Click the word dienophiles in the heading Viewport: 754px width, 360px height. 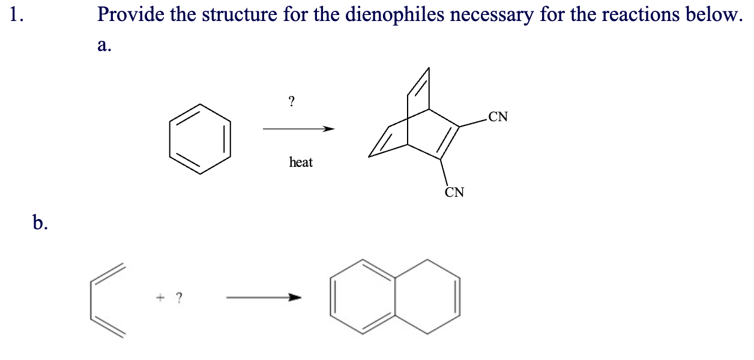coord(391,15)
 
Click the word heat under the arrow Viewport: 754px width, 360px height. coord(301,162)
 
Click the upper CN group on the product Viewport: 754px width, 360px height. coord(498,116)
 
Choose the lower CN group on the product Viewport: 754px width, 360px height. coord(454,193)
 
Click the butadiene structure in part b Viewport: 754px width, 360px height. coord(109,301)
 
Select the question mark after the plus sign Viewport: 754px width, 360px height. coord(179,296)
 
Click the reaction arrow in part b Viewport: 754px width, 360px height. coord(262,297)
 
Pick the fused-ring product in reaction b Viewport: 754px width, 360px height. coord(396,296)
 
